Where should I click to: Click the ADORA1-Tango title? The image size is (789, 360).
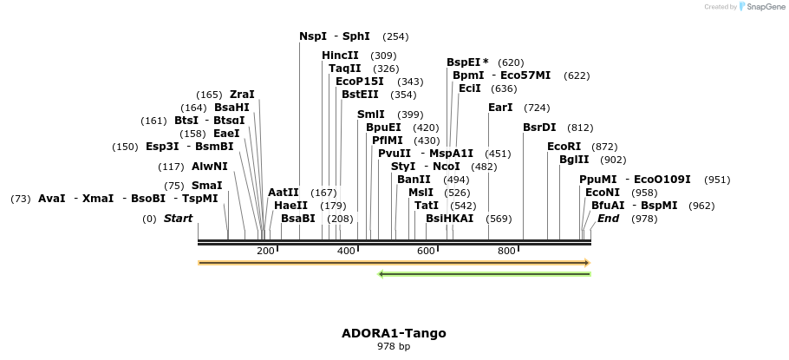(x=394, y=333)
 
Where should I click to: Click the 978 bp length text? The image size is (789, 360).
(x=394, y=346)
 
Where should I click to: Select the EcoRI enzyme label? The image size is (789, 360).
(x=564, y=147)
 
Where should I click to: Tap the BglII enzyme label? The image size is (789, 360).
(x=573, y=160)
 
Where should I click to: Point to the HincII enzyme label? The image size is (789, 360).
(x=340, y=56)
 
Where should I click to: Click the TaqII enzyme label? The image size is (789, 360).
(x=344, y=69)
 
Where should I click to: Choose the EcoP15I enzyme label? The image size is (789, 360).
(x=359, y=82)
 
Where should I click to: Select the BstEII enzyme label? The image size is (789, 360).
(x=360, y=95)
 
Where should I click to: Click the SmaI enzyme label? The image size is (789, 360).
(x=206, y=186)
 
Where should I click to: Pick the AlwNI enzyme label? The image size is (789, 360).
(x=210, y=167)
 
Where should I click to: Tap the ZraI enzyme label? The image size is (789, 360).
(x=242, y=95)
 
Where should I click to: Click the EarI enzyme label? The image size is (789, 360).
(x=500, y=108)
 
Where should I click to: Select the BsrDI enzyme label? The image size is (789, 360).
(x=539, y=128)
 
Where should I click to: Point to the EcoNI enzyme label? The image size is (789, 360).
(x=603, y=193)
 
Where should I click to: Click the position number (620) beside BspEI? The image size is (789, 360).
(x=511, y=62)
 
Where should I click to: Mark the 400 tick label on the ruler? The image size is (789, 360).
(x=346, y=251)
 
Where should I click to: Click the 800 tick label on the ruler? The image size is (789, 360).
(x=506, y=251)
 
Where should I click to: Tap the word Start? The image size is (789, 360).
(x=178, y=219)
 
